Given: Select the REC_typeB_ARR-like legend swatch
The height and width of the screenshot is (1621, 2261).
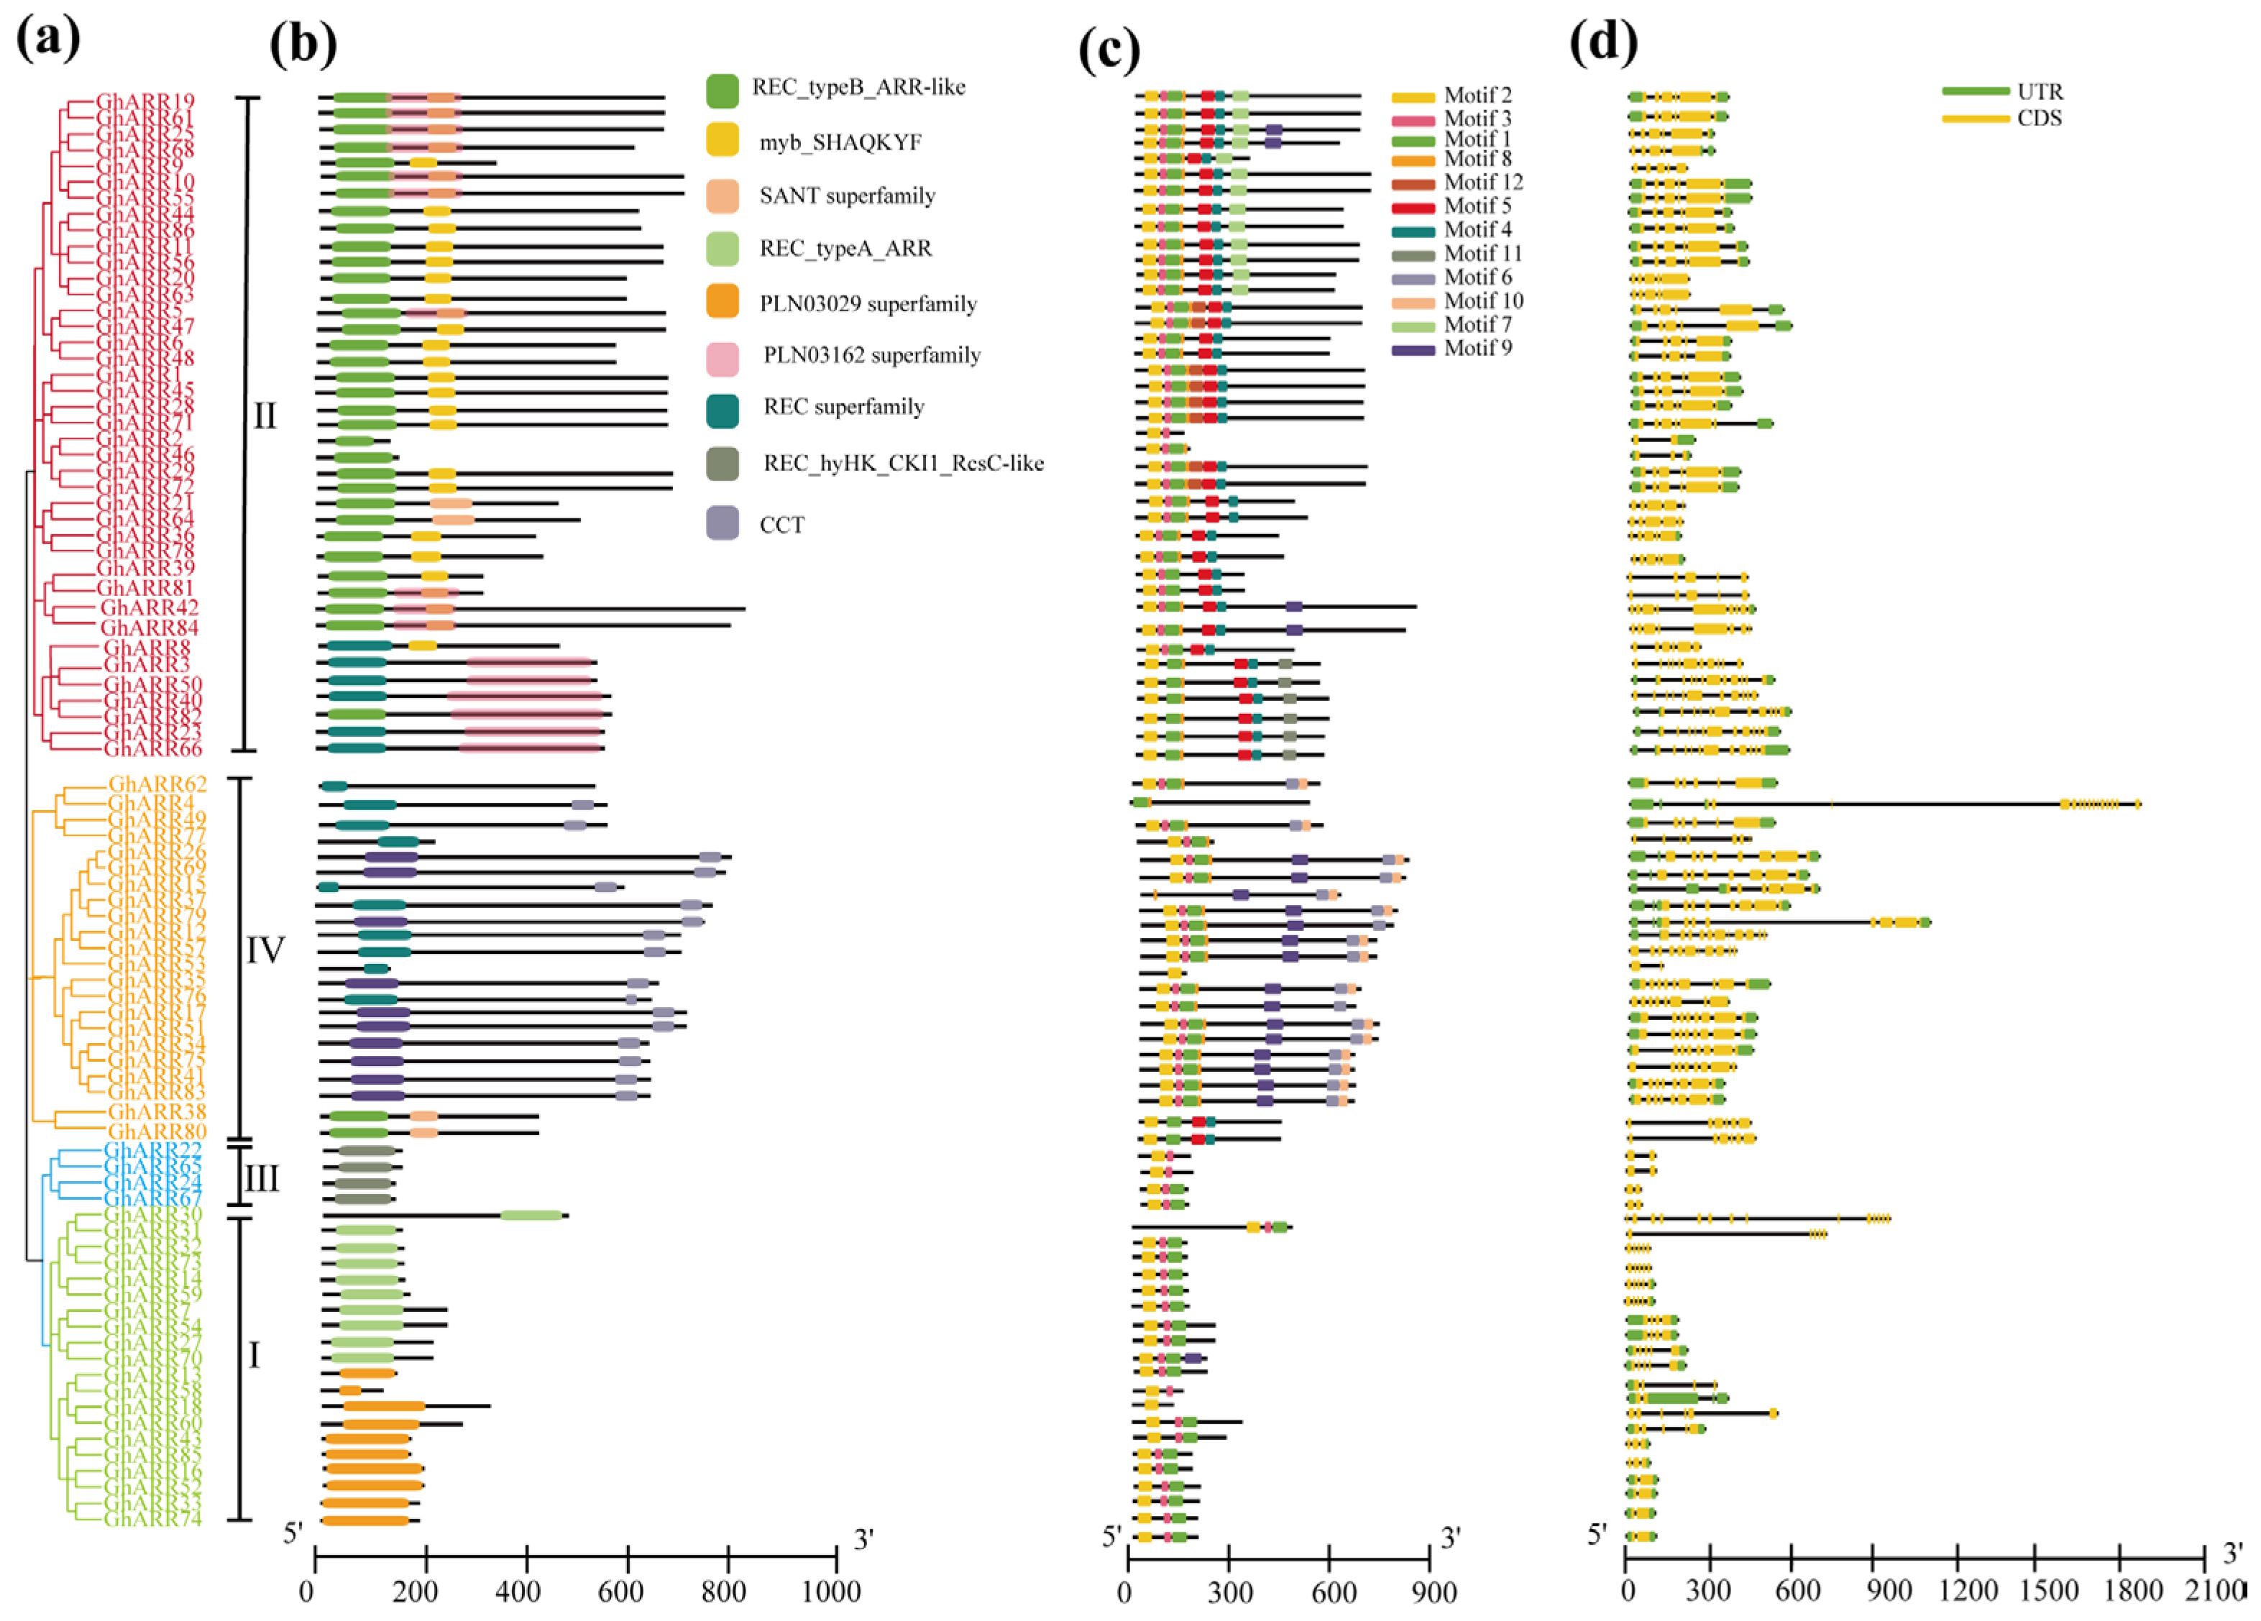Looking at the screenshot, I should click(722, 91).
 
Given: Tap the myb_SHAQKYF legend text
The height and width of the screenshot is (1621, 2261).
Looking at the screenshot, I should click(840, 142).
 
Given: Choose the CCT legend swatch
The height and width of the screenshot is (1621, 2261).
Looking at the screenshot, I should click(722, 523).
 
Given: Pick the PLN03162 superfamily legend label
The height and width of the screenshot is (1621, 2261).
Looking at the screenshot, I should click(871, 355).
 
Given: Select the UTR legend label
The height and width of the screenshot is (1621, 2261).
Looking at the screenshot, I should click(2040, 92).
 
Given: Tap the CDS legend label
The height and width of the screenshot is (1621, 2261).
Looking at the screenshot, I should click(2039, 119).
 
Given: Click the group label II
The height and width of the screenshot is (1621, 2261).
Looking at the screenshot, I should click(264, 415).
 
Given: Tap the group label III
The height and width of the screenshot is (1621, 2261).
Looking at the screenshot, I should click(261, 1180).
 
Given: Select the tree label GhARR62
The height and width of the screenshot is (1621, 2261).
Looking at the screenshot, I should click(157, 784).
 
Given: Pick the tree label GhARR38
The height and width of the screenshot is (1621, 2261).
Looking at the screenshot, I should click(157, 1111).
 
